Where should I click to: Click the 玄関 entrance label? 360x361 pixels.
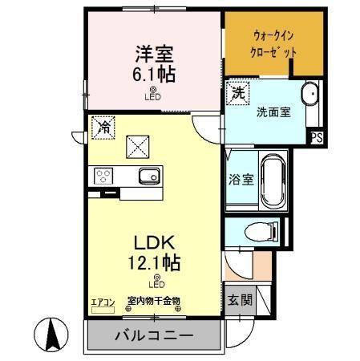(239, 301)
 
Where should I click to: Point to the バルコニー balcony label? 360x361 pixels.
(152, 335)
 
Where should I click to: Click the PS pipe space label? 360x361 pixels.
(316, 137)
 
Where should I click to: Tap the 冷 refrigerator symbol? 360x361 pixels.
(103, 125)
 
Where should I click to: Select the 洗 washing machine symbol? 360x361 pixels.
(239, 92)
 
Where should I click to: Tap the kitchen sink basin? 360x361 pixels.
(146, 176)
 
